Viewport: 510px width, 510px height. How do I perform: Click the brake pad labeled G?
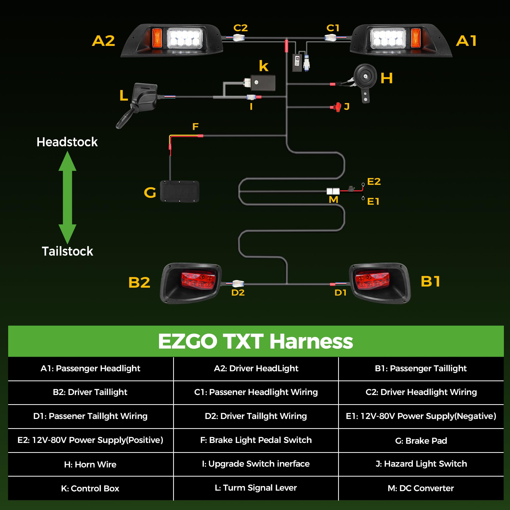180,192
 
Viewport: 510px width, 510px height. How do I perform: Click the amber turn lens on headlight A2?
157,37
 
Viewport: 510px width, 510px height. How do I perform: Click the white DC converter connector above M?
333,191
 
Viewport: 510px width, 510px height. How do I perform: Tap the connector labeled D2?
238,284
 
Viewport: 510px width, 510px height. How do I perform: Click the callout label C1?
333,28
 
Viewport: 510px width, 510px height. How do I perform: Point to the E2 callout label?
374,181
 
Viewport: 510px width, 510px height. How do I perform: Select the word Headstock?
67,142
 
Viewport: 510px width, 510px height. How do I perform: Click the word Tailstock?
67,251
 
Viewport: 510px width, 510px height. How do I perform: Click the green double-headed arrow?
67,197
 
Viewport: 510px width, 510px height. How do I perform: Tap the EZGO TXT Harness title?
255,341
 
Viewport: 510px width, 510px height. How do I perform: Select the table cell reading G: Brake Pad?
421,441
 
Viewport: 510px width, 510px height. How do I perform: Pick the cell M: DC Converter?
421,488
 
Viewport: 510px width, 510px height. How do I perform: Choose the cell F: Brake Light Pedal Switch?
256,440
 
